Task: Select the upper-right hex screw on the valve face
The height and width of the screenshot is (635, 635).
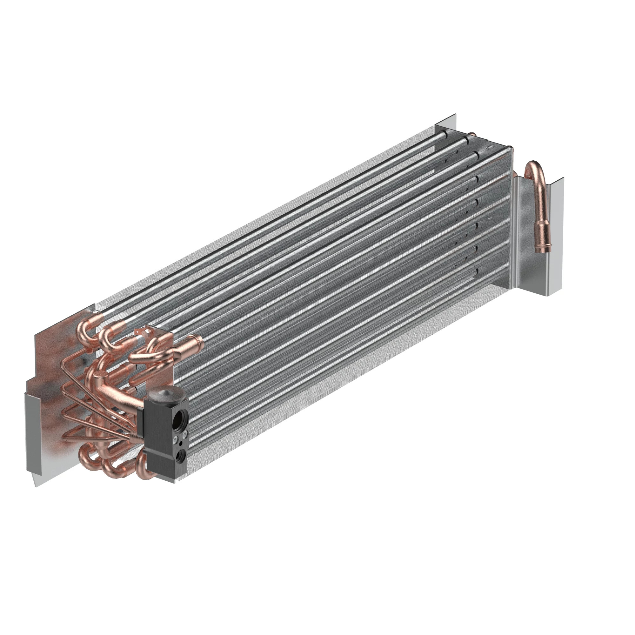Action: [x=185, y=434]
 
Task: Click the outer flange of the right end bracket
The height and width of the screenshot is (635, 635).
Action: [x=555, y=237]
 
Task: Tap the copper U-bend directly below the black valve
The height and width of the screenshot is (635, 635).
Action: [x=142, y=466]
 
